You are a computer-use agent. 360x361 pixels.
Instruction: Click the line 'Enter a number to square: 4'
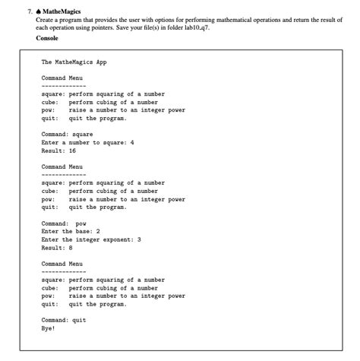pos(87,142)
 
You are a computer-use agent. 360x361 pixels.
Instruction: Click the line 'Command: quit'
pos(64,320)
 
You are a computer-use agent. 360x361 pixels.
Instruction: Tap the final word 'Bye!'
pos(49,328)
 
